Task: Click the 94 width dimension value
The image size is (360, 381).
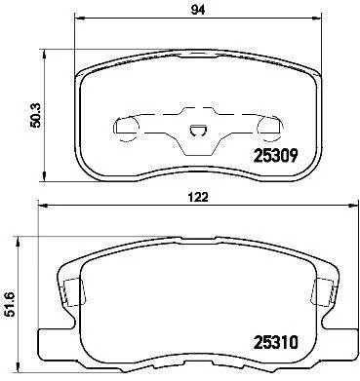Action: [198, 10]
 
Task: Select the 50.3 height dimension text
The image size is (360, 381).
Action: [34, 115]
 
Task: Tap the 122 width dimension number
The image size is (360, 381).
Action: [197, 197]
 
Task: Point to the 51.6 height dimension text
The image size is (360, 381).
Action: [11, 304]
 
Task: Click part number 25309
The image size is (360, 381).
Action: [275, 156]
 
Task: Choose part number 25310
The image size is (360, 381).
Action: [275, 342]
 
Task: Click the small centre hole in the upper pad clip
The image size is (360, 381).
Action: [198, 131]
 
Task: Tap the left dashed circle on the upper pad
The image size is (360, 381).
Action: [126, 129]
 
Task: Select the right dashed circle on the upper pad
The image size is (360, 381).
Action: [269, 129]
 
